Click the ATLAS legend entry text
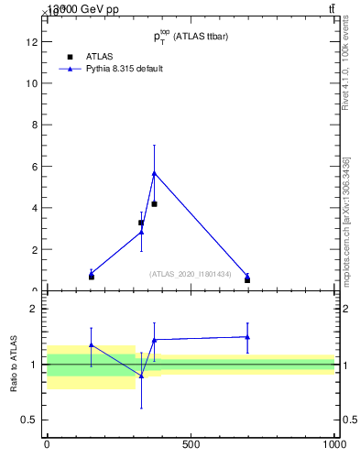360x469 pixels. click(99, 56)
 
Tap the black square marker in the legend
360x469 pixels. click(69, 56)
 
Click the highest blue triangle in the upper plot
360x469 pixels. click(154, 172)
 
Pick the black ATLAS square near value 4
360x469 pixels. click(154, 203)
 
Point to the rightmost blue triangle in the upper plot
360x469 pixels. click(247, 275)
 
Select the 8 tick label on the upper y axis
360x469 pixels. click(34, 125)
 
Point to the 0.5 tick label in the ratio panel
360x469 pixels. click(30, 420)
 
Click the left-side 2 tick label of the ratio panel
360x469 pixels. click(34, 309)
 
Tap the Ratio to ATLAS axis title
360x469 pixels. click(14, 364)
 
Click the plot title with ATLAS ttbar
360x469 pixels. click(191, 37)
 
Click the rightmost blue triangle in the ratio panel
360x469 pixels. click(247, 336)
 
